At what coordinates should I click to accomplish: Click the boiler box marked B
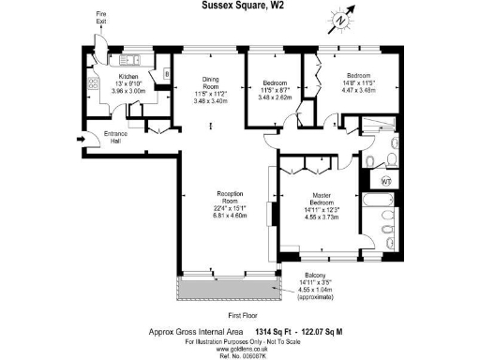click(x=166, y=72)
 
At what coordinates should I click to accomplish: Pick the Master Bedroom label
click(x=318, y=200)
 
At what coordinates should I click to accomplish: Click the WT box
click(x=389, y=179)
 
